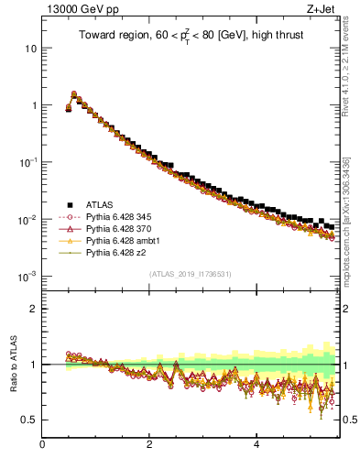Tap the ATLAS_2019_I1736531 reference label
(191, 274)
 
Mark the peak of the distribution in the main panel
(73, 93)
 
